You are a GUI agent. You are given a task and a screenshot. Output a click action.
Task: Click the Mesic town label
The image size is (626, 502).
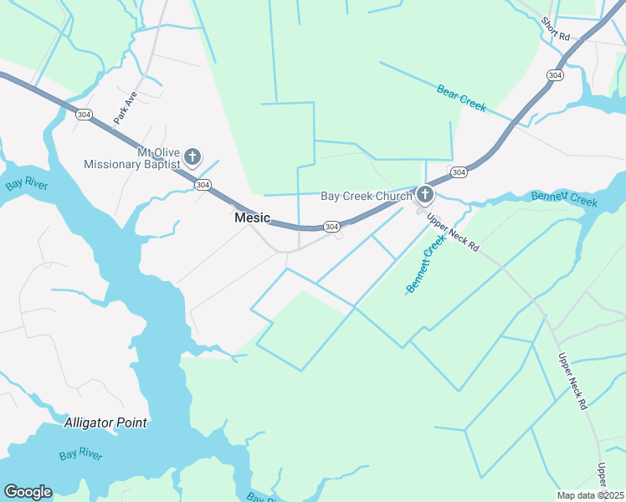[x=252, y=218]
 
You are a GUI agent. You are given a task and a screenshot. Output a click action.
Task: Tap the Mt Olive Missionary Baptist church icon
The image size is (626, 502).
[x=192, y=156]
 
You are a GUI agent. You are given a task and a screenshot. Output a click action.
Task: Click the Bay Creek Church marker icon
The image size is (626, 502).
[x=425, y=195]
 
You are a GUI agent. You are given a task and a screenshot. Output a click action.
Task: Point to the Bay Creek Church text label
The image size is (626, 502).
[x=367, y=197]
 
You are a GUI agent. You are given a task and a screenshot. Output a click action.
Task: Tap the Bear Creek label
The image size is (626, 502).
[x=461, y=98]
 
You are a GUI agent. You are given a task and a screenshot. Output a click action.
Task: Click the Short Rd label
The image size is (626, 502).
[x=555, y=30]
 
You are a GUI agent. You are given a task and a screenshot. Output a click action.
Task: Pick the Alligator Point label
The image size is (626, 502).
[x=105, y=423]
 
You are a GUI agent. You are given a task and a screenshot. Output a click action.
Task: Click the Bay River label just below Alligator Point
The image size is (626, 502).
[x=81, y=455]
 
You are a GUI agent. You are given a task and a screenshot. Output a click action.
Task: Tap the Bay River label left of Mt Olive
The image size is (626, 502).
[x=27, y=185]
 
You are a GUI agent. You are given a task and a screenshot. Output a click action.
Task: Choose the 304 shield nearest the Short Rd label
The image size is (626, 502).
[x=554, y=75]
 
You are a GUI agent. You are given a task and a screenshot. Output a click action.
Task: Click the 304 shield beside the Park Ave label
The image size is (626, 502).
[x=82, y=114]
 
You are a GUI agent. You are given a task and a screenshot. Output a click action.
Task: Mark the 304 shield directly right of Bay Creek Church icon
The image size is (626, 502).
[x=458, y=172]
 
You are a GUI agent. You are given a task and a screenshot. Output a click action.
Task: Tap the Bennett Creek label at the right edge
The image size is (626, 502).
[x=564, y=199]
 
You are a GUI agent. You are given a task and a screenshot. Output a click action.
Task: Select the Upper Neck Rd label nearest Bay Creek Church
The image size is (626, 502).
[x=452, y=234]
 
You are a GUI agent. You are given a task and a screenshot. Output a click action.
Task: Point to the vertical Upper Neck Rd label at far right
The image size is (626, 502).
[x=571, y=380]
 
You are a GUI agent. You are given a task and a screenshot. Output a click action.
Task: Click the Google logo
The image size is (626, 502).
[x=28, y=492]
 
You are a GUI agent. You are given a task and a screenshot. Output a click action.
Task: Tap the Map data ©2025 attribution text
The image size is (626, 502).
[x=590, y=495]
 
